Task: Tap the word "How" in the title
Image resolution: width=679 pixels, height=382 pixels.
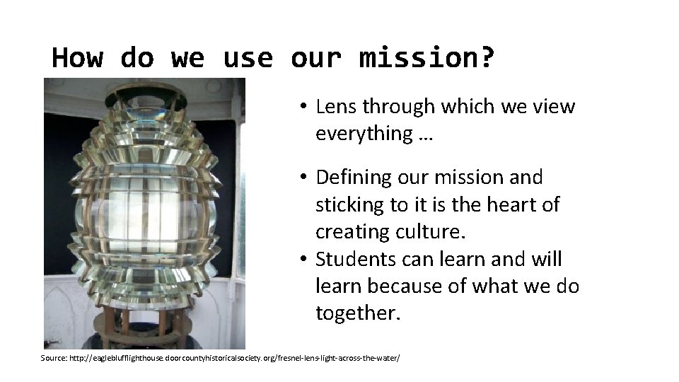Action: (x=77, y=57)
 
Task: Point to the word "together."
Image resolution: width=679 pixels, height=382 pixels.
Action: (x=358, y=314)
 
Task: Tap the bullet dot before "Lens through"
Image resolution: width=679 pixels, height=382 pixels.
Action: (x=301, y=108)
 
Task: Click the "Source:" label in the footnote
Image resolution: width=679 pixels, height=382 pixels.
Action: (x=54, y=359)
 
